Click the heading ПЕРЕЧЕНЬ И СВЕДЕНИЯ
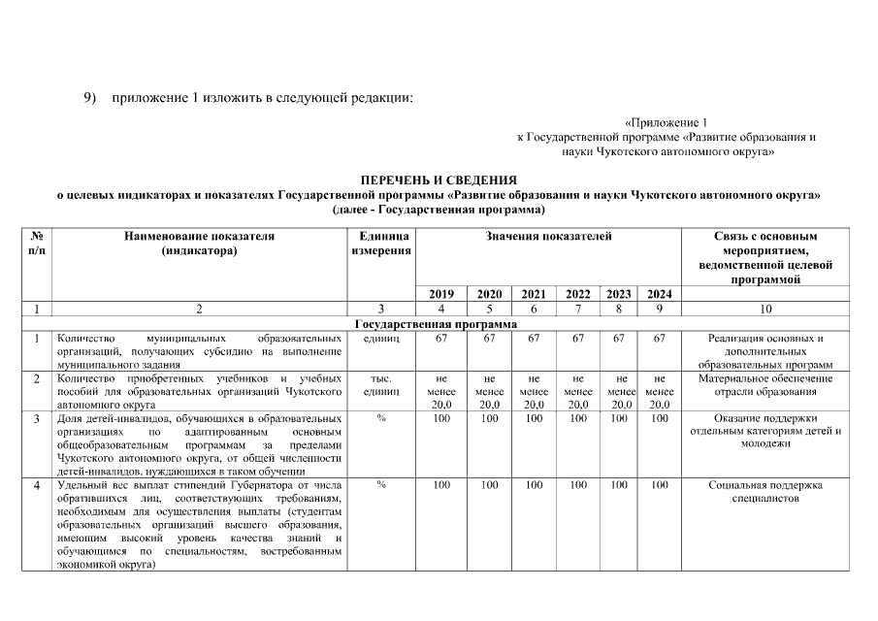(x=439, y=180)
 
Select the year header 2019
(x=440, y=294)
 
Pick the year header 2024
(x=659, y=294)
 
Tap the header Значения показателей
(x=549, y=236)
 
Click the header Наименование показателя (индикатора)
(x=199, y=243)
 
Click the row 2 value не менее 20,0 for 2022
(x=578, y=391)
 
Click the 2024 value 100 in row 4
(x=659, y=483)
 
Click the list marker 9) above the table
(x=90, y=98)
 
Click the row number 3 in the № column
(x=36, y=418)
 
